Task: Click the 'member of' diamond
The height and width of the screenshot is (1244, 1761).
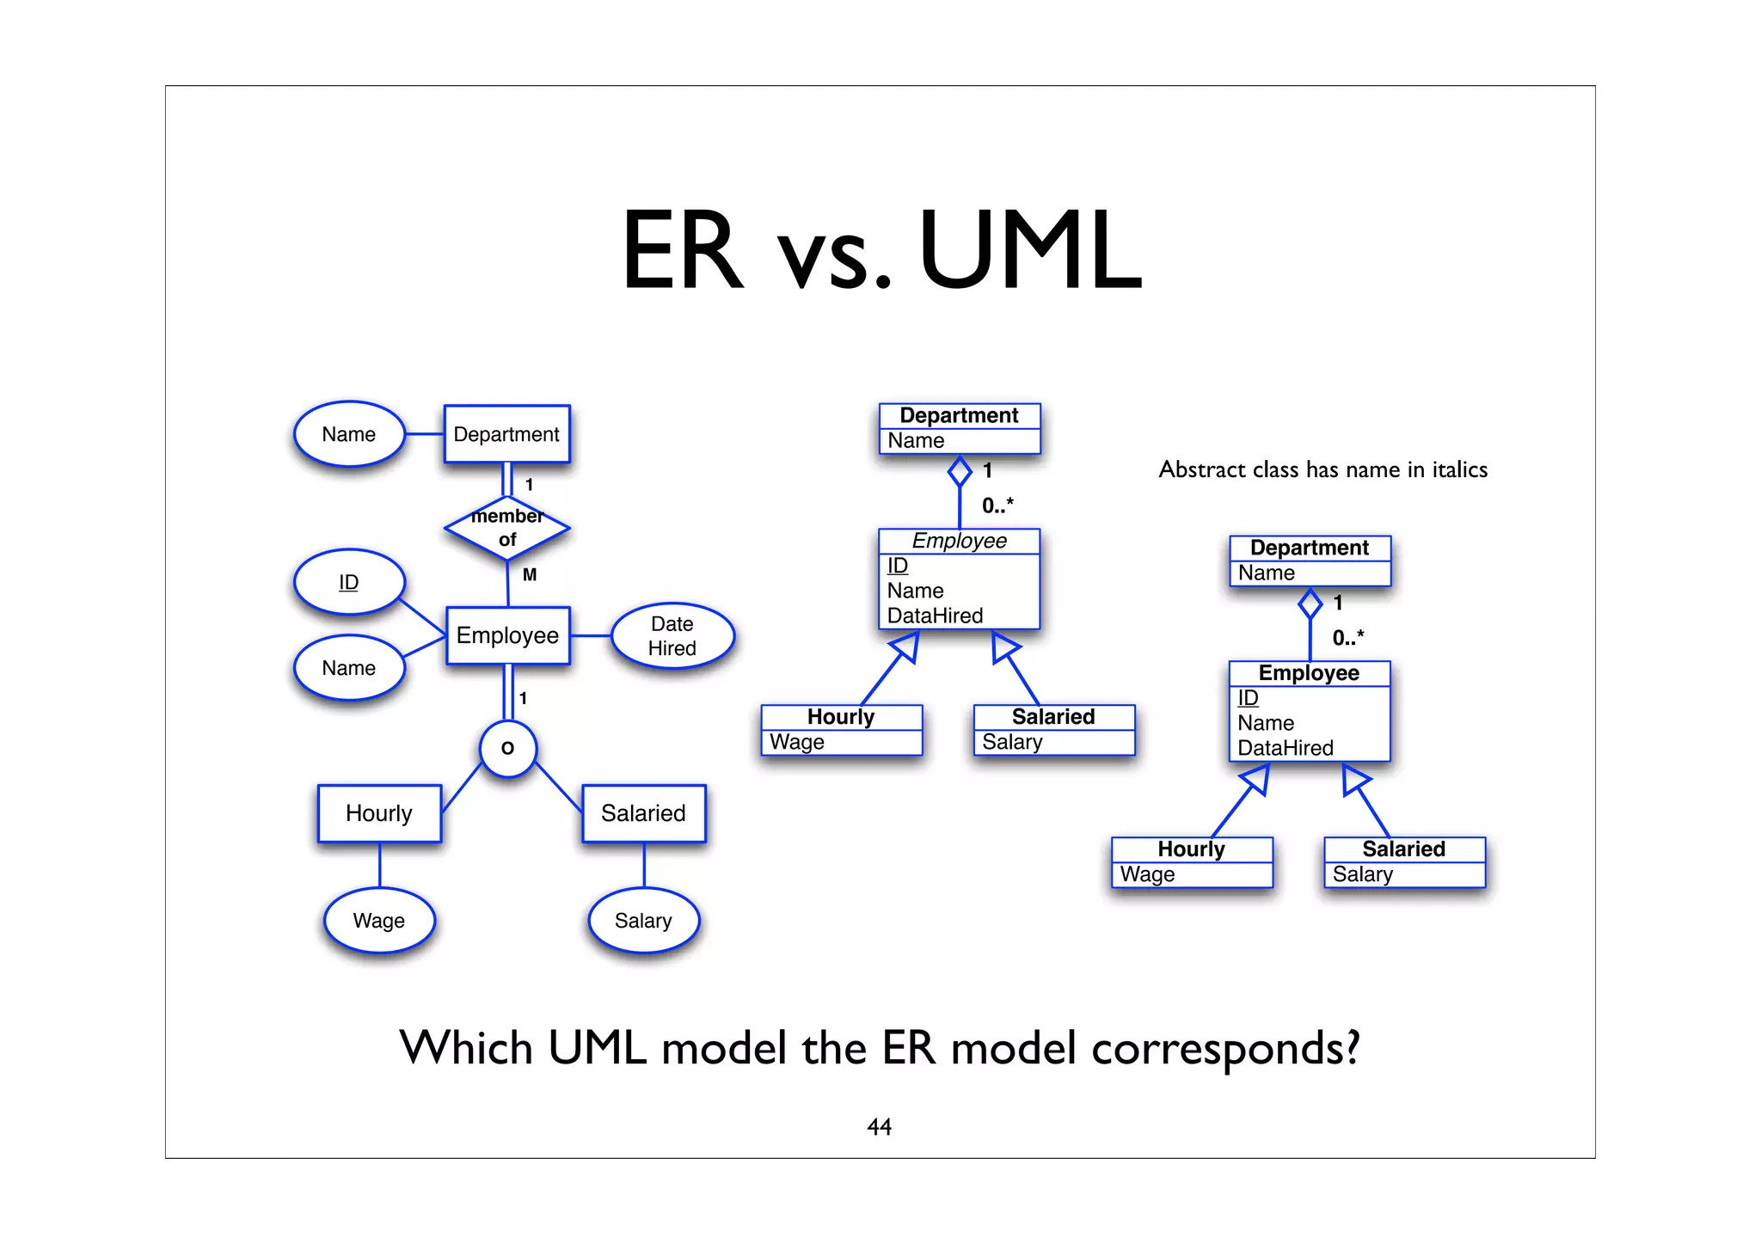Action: click(507, 528)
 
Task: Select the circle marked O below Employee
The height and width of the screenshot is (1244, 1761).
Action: click(507, 748)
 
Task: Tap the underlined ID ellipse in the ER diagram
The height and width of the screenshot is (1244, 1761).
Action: click(349, 582)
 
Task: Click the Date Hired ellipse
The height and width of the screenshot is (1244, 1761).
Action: click(672, 636)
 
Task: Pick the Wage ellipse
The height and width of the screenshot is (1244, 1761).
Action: click(379, 921)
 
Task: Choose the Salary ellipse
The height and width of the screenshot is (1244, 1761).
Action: click(643, 921)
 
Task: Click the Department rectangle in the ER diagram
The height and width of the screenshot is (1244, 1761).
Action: click(506, 434)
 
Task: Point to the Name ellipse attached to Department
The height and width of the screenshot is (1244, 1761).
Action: click(349, 434)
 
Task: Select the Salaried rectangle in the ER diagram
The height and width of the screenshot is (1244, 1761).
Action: click(643, 813)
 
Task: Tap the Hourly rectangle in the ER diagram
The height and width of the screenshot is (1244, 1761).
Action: click(379, 813)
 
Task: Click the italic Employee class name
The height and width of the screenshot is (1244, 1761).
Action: click(959, 541)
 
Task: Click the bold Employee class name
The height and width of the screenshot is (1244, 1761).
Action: click(1309, 673)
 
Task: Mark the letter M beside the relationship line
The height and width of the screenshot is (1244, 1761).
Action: click(530, 574)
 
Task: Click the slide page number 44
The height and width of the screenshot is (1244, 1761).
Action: click(879, 1126)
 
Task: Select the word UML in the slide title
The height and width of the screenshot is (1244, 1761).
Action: click(1029, 251)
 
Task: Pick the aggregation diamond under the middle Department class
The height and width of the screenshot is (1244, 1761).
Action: click(960, 471)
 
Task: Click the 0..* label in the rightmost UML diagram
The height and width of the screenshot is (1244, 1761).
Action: click(1347, 638)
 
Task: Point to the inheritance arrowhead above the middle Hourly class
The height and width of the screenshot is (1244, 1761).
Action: click(905, 647)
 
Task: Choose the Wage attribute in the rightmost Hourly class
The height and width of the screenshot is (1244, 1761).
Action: click(1147, 874)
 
